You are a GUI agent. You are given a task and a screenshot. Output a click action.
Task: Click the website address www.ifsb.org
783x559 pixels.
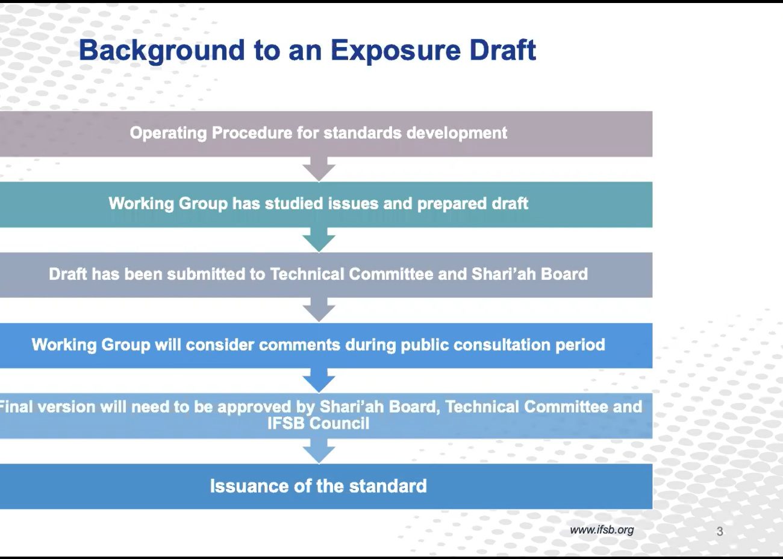[x=602, y=530]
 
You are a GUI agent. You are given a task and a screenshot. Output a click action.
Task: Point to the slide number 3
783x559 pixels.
[x=720, y=531]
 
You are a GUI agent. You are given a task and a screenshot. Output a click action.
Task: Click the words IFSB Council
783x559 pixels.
[x=318, y=423]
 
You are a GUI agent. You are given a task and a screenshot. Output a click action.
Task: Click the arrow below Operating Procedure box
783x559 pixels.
[x=319, y=169]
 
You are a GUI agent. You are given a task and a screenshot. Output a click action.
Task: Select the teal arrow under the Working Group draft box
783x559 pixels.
[x=319, y=240]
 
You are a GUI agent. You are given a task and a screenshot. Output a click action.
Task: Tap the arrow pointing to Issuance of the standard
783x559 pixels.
[x=319, y=451]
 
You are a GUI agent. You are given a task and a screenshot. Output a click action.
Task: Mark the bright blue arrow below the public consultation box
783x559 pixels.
[x=319, y=381]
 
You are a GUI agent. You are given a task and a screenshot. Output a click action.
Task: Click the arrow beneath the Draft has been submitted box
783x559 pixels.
[x=319, y=310]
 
